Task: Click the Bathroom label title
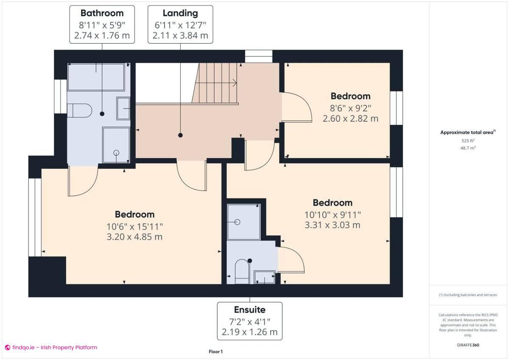click(x=102, y=13)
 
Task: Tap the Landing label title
click(x=180, y=13)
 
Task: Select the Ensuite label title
click(x=249, y=310)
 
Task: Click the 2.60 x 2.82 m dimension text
click(x=350, y=119)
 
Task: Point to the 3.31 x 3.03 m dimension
click(x=333, y=225)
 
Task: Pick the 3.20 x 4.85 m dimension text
click(x=134, y=237)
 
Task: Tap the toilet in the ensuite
click(x=241, y=271)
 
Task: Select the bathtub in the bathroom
click(x=96, y=77)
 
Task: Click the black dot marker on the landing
click(x=180, y=135)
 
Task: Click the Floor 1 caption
click(x=215, y=352)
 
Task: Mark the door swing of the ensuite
click(x=293, y=259)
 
